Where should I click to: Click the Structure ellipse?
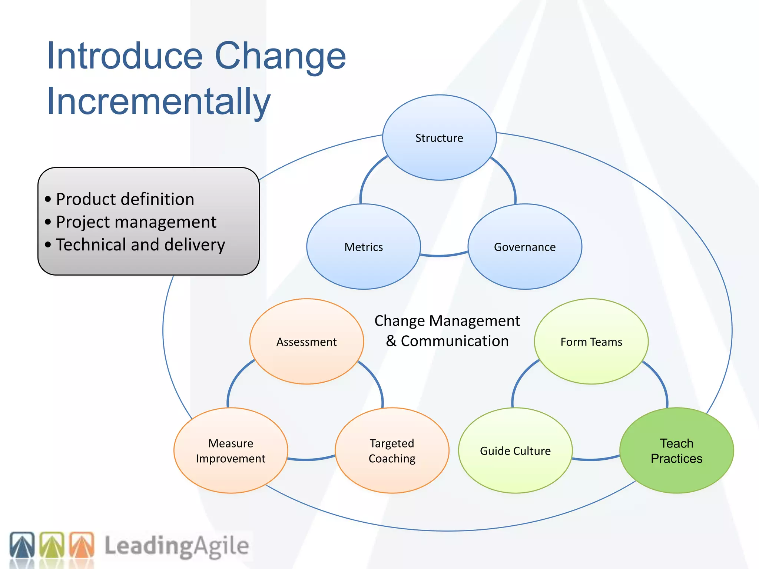439,138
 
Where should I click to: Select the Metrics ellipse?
364,247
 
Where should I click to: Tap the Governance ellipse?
525,247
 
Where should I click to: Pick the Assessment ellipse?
306,342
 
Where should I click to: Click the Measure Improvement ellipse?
231,450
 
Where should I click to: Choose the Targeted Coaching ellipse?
392,450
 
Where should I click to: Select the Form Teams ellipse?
591,342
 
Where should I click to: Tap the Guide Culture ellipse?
515,450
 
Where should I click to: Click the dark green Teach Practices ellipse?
676,450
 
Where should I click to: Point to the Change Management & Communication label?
447,331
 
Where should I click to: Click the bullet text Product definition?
125,199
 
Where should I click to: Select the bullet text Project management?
136,222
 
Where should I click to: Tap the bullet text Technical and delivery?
140,245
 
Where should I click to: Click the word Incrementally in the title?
159,101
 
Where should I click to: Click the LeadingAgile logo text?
176,546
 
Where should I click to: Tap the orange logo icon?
82,545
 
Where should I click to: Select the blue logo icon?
22,545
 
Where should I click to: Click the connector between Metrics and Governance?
444,255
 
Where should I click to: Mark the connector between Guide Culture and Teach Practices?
596,459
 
